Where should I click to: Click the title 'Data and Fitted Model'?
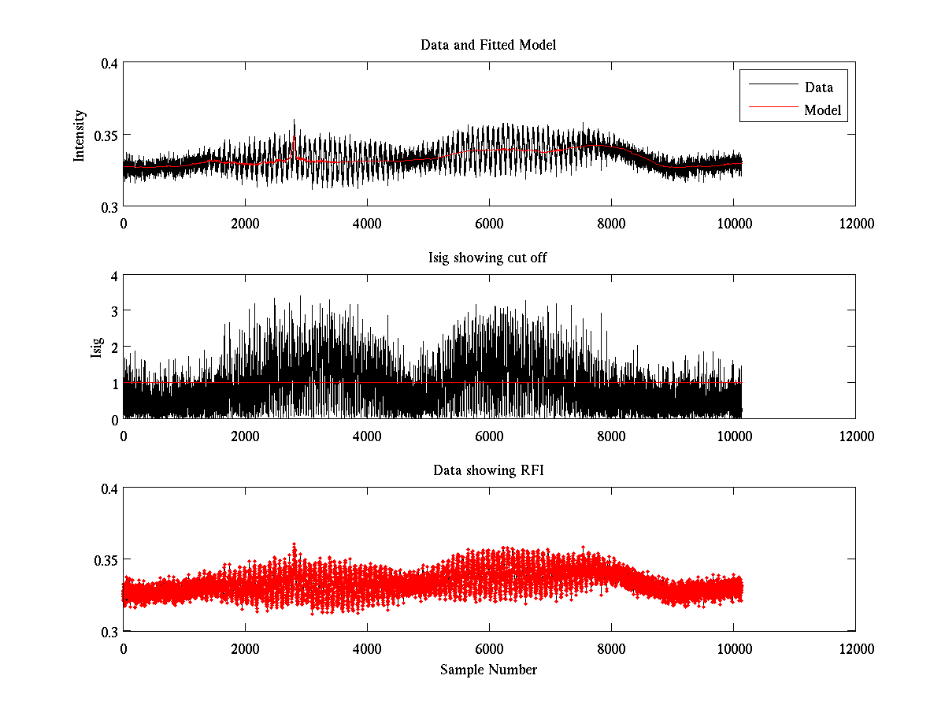pos(488,45)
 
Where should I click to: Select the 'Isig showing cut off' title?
pos(488,258)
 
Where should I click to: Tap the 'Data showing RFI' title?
pos(488,470)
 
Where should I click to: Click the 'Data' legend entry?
pos(818,87)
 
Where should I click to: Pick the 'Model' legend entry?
pos(822,110)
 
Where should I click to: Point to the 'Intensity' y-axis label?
pos(79,135)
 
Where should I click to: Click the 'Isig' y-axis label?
pos(96,347)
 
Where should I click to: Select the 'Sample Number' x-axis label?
pos(488,670)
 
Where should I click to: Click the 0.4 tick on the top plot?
pos(108,64)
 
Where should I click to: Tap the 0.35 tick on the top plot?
pos(105,135)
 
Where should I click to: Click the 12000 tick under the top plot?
pos(855,223)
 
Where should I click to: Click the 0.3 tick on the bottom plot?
pos(108,632)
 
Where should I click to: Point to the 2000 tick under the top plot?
pos(245,223)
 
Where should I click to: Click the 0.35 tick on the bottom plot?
pos(105,560)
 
